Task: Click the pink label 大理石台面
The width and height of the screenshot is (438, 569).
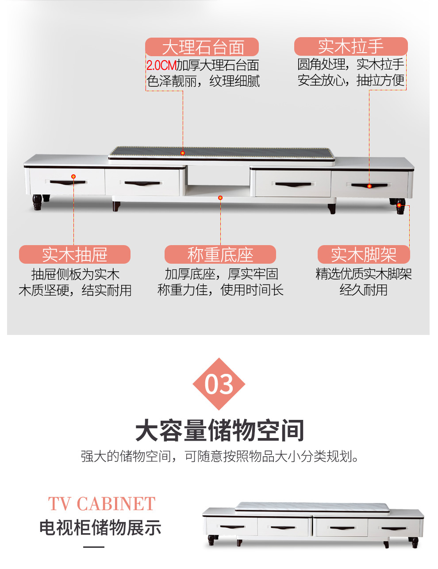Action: point(202,47)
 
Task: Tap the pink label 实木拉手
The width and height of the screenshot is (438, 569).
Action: point(351,46)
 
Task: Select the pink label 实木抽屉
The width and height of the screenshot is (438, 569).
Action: point(75,254)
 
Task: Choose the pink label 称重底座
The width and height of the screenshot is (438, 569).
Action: point(220,254)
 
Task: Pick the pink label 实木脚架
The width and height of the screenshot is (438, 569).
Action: point(364,254)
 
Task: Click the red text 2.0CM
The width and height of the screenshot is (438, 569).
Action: point(161,65)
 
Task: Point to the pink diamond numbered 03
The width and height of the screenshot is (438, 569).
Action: point(219,384)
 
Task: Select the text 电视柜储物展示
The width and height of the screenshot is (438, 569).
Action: point(100,527)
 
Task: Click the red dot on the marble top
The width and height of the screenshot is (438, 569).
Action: point(183,153)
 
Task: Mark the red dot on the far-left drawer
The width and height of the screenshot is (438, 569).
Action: point(73,177)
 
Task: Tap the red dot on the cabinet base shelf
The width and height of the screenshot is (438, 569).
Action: point(220,198)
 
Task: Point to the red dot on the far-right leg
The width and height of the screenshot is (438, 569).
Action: point(399,205)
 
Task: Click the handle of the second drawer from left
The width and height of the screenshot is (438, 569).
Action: point(142,183)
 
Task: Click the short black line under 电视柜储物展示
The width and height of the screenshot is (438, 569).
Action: point(94,547)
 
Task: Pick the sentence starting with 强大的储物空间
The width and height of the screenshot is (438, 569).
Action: point(219,457)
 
